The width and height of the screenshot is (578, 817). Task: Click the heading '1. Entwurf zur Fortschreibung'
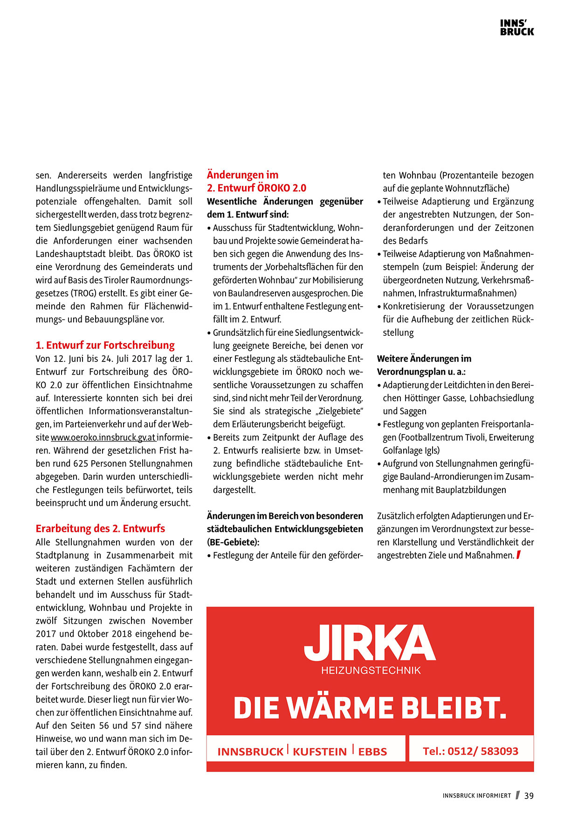105,345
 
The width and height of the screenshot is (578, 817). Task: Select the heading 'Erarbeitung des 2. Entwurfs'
100,528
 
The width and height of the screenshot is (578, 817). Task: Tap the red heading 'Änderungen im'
242,175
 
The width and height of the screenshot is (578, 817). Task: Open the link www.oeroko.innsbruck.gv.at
103,437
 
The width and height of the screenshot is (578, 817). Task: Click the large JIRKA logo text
370,643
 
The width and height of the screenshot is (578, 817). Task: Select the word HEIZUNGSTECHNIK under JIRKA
371,670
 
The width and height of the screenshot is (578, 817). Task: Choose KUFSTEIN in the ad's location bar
320,751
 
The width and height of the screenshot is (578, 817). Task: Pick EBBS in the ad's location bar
372,751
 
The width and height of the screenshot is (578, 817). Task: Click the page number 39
529,796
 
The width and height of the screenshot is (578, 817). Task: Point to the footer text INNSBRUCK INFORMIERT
476,796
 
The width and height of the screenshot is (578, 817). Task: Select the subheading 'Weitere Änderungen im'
424,359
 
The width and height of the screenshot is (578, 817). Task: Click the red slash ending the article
518,555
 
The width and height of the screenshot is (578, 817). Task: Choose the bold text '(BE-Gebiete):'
233,542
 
